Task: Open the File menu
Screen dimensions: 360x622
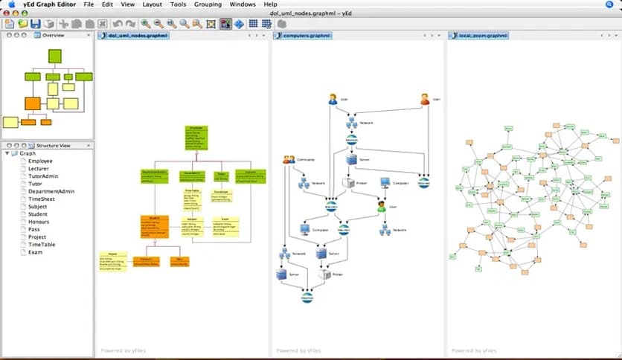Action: (x=89, y=4)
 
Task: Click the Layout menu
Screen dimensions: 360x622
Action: (x=152, y=4)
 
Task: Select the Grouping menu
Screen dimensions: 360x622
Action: (x=208, y=4)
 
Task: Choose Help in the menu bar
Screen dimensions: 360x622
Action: (x=270, y=4)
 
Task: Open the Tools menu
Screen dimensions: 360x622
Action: (x=178, y=4)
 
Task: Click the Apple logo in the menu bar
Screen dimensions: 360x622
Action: (x=11, y=4)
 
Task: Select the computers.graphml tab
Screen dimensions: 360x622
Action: (x=304, y=35)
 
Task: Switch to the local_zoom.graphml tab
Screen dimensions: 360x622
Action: (x=482, y=35)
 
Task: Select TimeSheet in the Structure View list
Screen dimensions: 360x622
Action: (x=43, y=199)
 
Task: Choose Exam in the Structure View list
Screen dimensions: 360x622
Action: (x=36, y=252)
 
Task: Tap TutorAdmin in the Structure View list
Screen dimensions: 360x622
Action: (x=45, y=176)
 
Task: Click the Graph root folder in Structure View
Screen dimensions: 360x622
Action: (x=27, y=153)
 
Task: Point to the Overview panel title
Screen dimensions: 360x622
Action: (x=53, y=35)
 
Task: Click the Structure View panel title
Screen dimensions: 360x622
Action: (x=53, y=145)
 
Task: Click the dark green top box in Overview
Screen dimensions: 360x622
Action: (x=55, y=56)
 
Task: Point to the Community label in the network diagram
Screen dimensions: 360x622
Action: (x=307, y=160)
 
